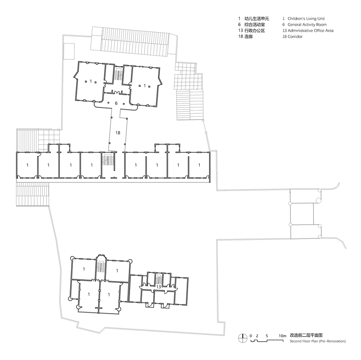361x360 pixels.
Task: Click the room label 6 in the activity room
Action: [x=116, y=103]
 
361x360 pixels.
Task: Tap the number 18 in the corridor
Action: [x=118, y=133]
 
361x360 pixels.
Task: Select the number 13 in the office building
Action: [x=159, y=287]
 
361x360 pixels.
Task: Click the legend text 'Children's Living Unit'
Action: [x=306, y=19]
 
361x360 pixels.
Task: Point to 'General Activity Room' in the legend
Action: [x=307, y=24]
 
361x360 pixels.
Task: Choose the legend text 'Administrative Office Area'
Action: [x=311, y=31]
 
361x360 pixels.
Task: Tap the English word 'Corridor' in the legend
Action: [x=295, y=37]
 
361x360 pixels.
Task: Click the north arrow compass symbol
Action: [x=243, y=338]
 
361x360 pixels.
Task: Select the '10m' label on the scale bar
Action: [x=283, y=336]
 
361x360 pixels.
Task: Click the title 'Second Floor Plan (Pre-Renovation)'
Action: [x=318, y=341]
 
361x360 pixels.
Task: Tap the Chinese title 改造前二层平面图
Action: [x=306, y=336]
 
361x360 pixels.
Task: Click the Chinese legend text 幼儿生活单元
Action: [x=257, y=19]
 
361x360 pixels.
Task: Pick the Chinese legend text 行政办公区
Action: [x=254, y=31]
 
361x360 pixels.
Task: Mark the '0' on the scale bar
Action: [x=251, y=336]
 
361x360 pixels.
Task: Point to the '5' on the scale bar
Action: [x=267, y=336]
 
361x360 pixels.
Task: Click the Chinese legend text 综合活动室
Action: [x=254, y=24]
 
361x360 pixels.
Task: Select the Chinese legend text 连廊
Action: [x=248, y=37]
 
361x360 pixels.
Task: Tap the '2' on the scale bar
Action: [x=257, y=336]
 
